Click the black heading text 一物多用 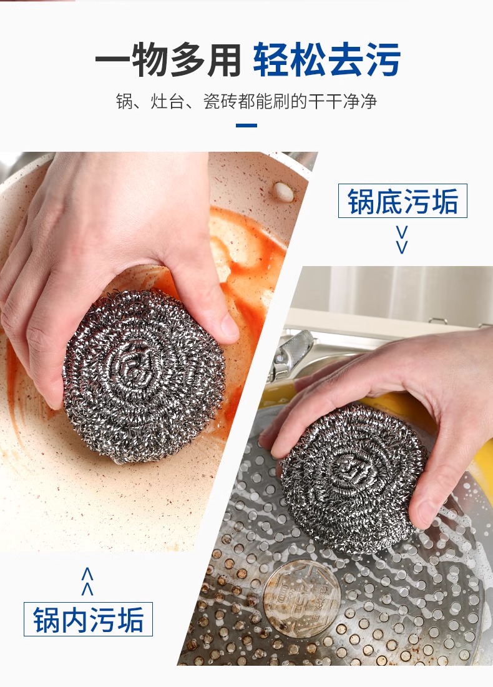point(168,59)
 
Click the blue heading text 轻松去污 point(326,59)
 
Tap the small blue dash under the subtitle point(246,126)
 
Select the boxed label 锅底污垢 point(403,201)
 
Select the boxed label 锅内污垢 point(88,619)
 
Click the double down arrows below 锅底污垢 point(402,240)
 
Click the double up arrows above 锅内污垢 point(87,581)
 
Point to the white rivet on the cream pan point(283,192)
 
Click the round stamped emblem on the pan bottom point(302,596)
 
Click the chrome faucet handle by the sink point(293,350)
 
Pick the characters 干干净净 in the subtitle point(343,102)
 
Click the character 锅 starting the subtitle point(124,102)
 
